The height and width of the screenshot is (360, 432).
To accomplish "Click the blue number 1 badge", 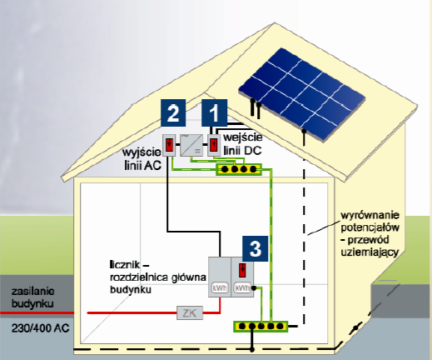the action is [x=214, y=112].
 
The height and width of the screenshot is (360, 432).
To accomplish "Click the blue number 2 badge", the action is [x=173, y=112].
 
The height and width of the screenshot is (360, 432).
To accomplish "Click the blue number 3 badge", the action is [x=256, y=248].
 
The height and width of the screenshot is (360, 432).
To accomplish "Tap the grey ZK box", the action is [x=190, y=312].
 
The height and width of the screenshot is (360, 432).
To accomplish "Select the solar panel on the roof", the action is [x=302, y=94].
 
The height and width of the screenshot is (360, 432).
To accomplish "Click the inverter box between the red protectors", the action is [x=191, y=145].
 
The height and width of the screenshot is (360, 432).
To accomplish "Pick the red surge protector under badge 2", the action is [x=169, y=145].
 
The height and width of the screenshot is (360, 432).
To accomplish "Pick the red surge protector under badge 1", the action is [x=213, y=145].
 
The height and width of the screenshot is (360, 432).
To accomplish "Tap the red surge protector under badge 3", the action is [x=242, y=270].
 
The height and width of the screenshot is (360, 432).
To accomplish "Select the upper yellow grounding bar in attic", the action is [x=239, y=169].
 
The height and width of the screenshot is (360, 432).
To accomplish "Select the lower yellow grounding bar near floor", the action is [x=261, y=326].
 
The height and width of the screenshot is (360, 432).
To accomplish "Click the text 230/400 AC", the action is [x=40, y=328].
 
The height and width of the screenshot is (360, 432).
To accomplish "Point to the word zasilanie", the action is [x=33, y=292].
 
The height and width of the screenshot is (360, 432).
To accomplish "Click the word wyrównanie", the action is [x=370, y=215].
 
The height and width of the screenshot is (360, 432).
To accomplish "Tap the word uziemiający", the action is [x=370, y=252].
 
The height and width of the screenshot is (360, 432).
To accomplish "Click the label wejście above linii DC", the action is [x=243, y=137].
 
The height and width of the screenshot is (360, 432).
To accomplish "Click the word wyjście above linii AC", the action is [x=142, y=152].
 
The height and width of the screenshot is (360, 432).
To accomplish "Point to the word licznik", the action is [x=125, y=264].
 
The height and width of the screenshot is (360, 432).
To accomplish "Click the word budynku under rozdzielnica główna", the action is [x=131, y=290].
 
